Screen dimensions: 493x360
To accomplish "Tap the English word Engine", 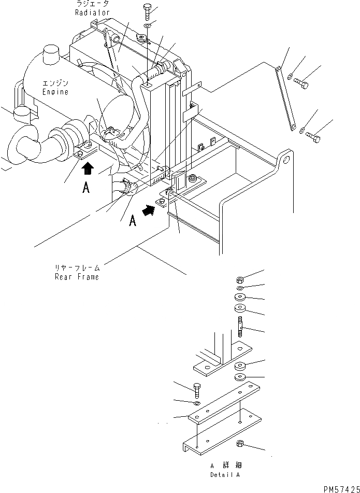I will pyautogui.click(x=55, y=92).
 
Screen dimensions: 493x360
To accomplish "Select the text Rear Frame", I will pyautogui.click(x=76, y=276).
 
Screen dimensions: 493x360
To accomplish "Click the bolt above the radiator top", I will pyautogui.click(x=148, y=10).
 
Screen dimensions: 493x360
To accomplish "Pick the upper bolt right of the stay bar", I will pyautogui.click(x=302, y=81).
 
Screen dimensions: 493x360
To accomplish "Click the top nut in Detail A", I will pyautogui.click(x=240, y=278).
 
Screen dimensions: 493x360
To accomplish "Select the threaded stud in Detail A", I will pyautogui.click(x=241, y=330).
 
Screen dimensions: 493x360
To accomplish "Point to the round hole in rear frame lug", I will pyautogui.click(x=284, y=161).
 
